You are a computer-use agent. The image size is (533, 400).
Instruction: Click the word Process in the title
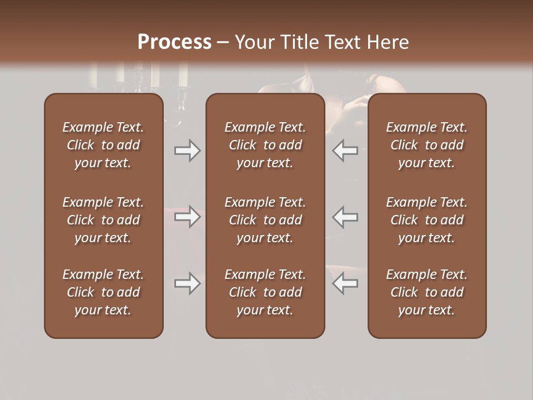click(x=174, y=42)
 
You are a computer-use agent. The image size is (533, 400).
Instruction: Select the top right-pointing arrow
click(x=187, y=151)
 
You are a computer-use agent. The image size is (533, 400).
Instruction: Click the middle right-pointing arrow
click(x=187, y=217)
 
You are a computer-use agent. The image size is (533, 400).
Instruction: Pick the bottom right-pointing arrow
click(x=187, y=283)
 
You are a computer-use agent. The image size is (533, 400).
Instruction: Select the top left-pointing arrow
click(x=345, y=151)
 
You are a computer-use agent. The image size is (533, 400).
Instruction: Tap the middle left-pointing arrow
click(x=345, y=217)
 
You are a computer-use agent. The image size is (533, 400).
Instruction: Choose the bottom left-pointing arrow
click(x=345, y=283)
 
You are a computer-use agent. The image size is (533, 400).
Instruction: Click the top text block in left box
click(x=103, y=145)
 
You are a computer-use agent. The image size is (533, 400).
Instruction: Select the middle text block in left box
click(x=103, y=220)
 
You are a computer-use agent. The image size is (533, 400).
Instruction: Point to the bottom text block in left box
click(x=103, y=292)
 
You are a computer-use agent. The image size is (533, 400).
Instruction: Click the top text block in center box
click(x=265, y=145)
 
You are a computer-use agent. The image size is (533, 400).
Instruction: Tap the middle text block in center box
click(x=265, y=220)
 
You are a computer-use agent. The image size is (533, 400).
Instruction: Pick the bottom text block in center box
click(x=265, y=292)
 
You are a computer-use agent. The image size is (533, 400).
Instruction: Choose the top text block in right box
click(x=426, y=145)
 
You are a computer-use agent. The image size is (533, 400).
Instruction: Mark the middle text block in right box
click(x=426, y=220)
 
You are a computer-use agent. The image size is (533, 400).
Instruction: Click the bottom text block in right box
click(x=426, y=292)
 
